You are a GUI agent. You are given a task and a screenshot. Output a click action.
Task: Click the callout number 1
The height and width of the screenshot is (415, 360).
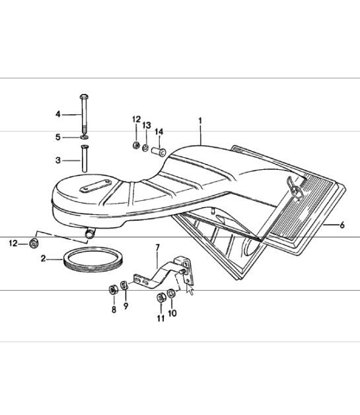(200, 121)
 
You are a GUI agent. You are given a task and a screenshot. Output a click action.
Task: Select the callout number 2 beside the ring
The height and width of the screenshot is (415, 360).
(43, 258)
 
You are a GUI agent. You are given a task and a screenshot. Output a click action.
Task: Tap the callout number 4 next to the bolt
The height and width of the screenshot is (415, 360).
(58, 114)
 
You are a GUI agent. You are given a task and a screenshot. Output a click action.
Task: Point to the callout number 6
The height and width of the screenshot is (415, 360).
(342, 225)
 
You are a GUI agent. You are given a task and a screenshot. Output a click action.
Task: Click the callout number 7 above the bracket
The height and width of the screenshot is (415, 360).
(158, 248)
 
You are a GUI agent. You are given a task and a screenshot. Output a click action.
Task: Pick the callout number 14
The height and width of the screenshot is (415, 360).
(159, 132)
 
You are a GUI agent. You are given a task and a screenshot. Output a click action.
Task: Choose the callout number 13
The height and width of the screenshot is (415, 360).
(147, 125)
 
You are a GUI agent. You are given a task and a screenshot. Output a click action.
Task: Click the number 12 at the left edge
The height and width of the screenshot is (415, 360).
(13, 243)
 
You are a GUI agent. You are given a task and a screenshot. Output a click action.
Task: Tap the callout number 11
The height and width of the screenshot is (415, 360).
(161, 318)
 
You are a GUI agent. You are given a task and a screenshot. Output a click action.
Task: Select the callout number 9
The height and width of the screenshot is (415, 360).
(126, 306)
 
